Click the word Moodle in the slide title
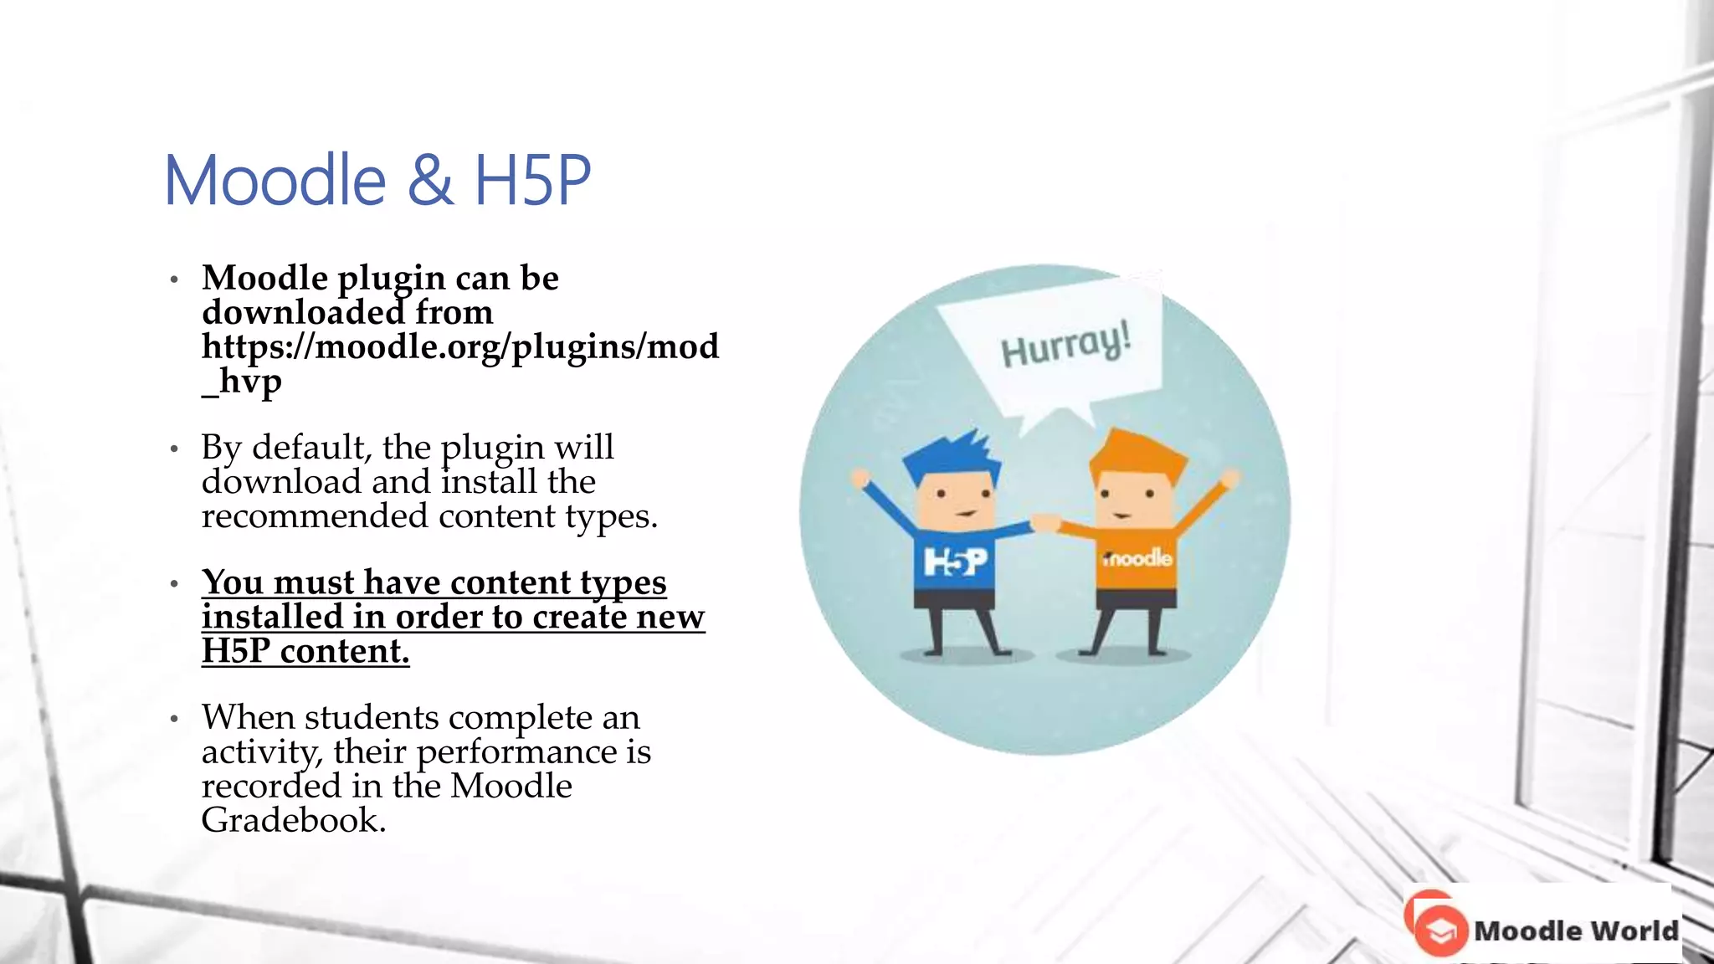point(275,181)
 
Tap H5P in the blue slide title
point(532,181)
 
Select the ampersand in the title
point(431,181)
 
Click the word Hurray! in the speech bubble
point(1065,345)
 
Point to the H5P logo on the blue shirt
point(955,561)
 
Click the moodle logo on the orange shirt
point(1137,558)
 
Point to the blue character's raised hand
point(860,479)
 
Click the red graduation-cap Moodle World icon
point(1439,930)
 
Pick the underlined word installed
point(273,618)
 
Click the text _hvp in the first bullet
point(241,382)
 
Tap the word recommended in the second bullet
point(315,516)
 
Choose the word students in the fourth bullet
point(372,718)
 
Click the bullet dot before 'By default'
point(174,450)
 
